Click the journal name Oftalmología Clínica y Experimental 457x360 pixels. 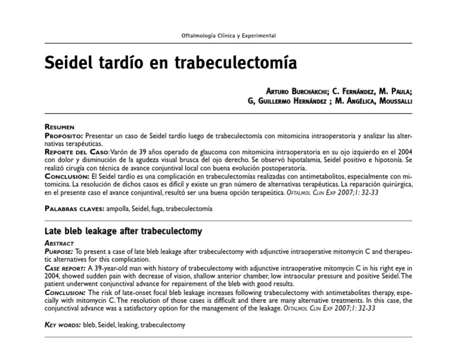pos(228,36)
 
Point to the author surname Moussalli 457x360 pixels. pos(390,101)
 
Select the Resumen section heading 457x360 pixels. pos(60,127)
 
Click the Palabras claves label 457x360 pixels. pos(74,209)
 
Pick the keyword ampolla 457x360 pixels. pos(118,209)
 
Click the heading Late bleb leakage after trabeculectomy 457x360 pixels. pos(124,231)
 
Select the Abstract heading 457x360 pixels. pos(60,243)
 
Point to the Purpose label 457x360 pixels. pos(60,252)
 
